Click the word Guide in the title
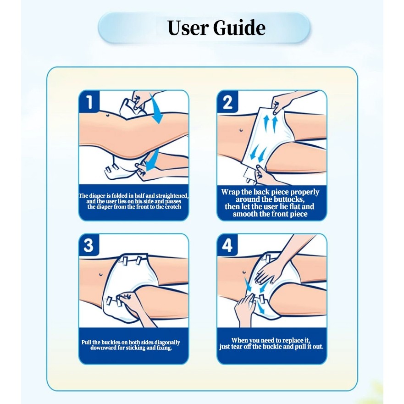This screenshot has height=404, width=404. click(x=239, y=28)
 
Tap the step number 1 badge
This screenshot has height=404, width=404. click(x=89, y=101)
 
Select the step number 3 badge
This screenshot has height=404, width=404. click(x=89, y=245)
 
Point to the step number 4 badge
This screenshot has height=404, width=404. click(x=227, y=245)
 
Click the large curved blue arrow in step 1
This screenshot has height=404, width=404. click(x=156, y=109)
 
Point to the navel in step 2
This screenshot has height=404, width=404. click(x=241, y=130)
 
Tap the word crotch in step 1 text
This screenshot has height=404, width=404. click(x=173, y=207)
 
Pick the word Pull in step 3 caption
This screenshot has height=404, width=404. click(x=87, y=342)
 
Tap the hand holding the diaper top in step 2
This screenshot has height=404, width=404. click(x=283, y=103)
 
